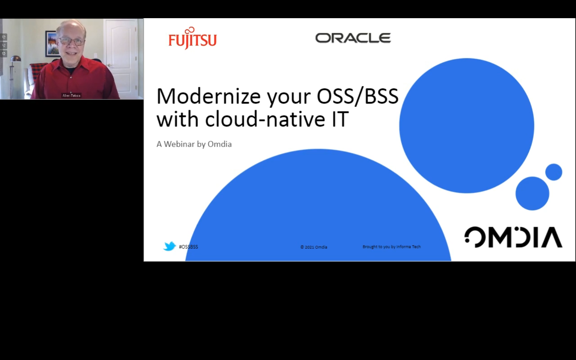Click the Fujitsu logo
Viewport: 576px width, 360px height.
[x=192, y=39]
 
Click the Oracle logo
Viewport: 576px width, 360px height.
[x=353, y=38]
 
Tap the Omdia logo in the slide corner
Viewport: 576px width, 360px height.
[x=513, y=237]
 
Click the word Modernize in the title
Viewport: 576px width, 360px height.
[x=208, y=96]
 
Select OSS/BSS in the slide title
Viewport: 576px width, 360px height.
[x=357, y=96]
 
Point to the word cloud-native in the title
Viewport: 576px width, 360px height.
[x=265, y=120]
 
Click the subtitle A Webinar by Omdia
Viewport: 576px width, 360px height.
[x=194, y=144]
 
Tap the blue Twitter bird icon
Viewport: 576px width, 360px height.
[x=169, y=246]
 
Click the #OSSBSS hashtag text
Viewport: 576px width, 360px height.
[x=188, y=247]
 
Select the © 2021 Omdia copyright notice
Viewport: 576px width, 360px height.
[x=314, y=247]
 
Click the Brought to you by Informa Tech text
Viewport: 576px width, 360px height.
[x=392, y=247]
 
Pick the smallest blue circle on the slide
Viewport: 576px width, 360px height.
[x=553, y=172]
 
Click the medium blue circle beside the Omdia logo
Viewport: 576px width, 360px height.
[x=532, y=193]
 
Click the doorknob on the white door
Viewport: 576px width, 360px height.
[x=109, y=65]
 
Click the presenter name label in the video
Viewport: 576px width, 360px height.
[x=71, y=96]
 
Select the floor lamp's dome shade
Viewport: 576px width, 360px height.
[x=15, y=59]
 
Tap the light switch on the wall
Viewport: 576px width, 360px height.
[x=96, y=55]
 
